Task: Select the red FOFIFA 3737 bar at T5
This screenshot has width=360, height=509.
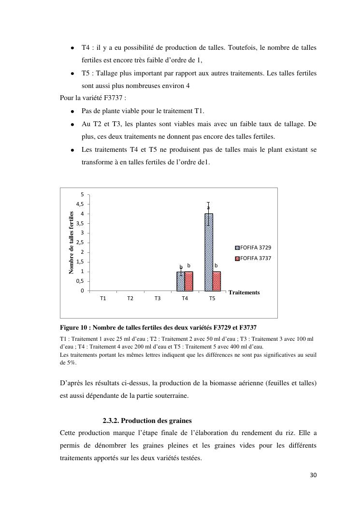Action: coord(216,281)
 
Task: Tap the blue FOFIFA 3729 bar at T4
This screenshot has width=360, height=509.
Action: coord(181,281)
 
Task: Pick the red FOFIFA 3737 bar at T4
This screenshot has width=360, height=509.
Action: coord(189,281)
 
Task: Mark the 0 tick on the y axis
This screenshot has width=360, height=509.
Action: coord(82,291)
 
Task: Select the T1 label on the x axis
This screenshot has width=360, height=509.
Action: coord(103,299)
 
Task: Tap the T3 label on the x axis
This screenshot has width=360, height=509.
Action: coord(158,299)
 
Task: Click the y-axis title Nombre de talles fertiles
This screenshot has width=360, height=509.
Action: coord(72,243)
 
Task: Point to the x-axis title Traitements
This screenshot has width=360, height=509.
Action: coord(244,292)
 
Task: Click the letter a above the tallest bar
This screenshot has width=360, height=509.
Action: coord(208,208)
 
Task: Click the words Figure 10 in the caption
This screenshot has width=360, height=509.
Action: coord(74,327)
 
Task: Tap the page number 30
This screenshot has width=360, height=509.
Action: coord(313,475)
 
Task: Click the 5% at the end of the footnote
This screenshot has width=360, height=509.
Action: coord(65,362)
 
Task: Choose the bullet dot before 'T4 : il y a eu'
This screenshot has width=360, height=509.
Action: coord(72,48)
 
